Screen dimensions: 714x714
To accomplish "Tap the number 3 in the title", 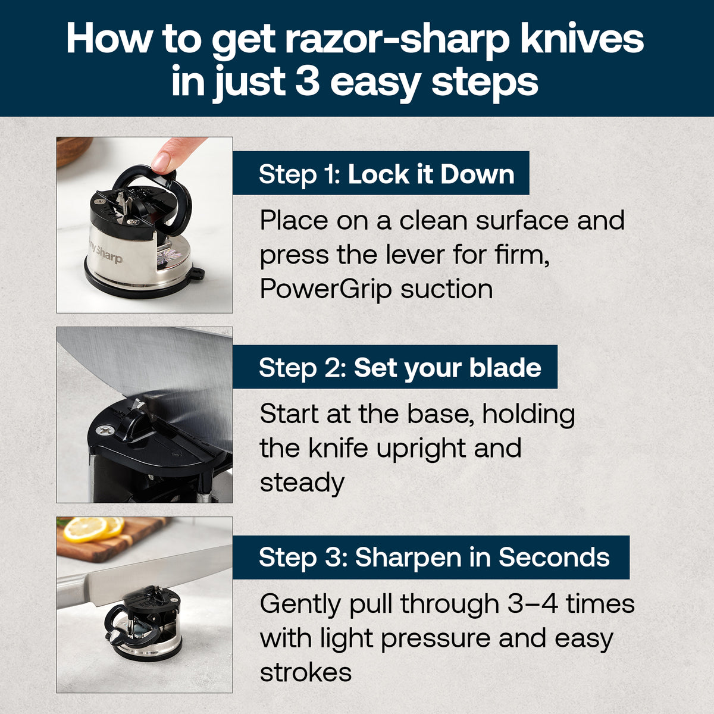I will coord(308,83).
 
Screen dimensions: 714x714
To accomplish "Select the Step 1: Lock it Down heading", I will coord(386,174).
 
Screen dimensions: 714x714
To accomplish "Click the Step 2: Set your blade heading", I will coord(400,368).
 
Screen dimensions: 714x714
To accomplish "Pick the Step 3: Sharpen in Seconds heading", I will coord(434,558).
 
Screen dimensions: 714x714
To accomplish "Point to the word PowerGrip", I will coord(326,290).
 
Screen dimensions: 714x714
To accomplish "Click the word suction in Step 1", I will coord(447,290).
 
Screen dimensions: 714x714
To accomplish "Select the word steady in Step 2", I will coord(302,483).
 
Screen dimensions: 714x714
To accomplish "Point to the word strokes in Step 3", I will coord(306,672).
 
